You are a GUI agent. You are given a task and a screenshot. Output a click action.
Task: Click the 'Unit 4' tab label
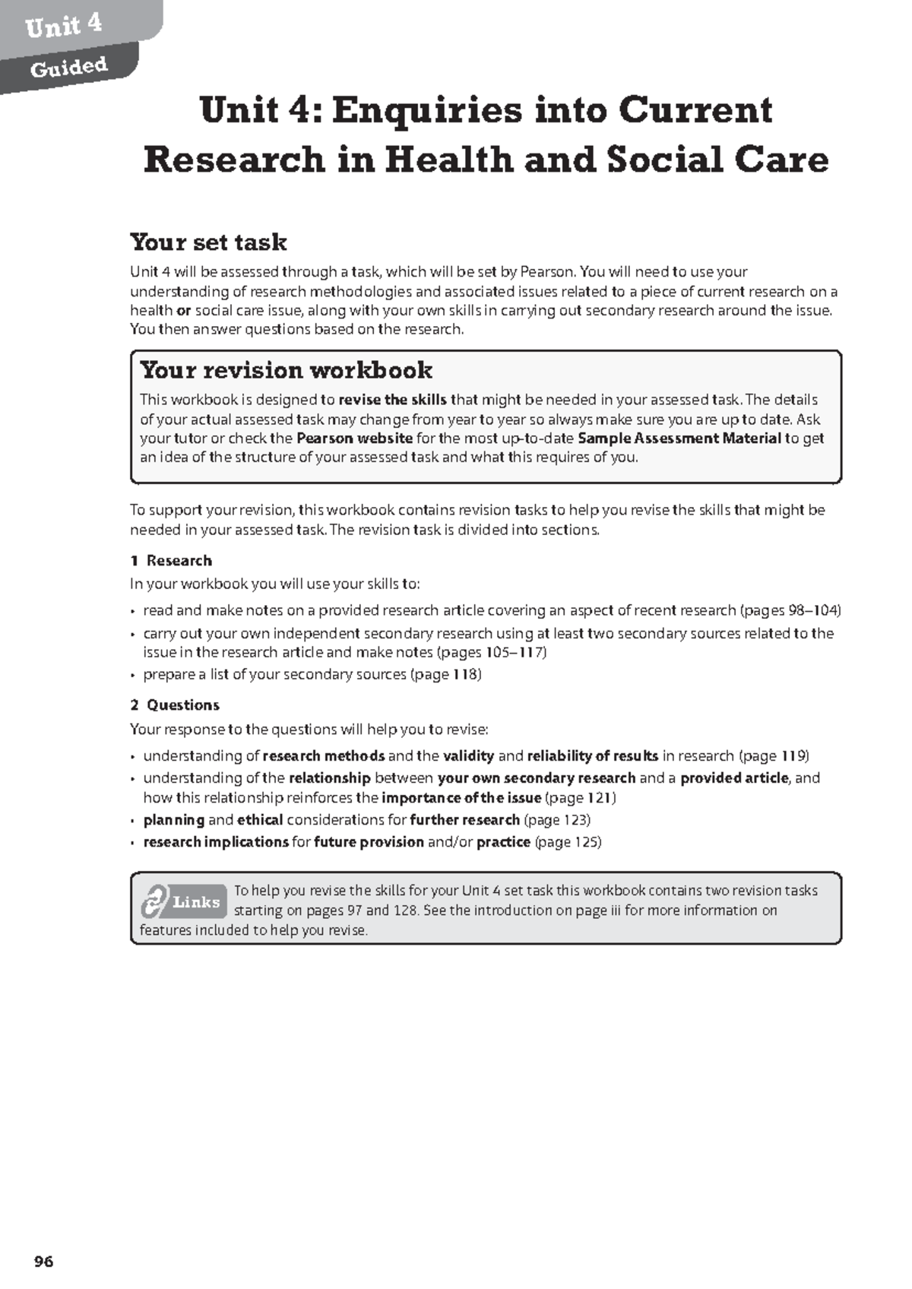coord(63,26)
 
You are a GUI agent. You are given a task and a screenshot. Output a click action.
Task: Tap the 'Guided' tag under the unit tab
coord(68,68)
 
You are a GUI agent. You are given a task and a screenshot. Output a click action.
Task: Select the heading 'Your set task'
coord(208,242)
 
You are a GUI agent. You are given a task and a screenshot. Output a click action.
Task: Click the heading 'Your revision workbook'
coord(286,370)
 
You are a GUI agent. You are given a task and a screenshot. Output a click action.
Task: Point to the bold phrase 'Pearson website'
coord(354,439)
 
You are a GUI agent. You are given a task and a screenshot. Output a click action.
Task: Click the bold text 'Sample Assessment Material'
coord(679,439)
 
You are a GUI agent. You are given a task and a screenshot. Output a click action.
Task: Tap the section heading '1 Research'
coord(171,561)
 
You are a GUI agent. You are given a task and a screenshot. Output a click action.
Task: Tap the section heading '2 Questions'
coord(175,705)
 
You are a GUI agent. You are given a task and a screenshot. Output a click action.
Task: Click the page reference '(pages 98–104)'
coord(790,610)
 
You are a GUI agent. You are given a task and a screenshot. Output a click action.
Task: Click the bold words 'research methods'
coord(324,756)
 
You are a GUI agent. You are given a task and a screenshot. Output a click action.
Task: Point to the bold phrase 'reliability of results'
coord(593,756)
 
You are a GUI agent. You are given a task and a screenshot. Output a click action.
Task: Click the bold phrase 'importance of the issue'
coord(461,798)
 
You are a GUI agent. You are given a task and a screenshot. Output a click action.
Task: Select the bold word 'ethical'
coord(260,820)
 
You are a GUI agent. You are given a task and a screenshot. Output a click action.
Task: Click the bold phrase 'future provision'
coord(369,842)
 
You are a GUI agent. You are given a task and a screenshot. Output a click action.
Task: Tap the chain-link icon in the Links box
coord(154,902)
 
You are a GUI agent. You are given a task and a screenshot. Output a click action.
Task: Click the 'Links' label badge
coord(196,902)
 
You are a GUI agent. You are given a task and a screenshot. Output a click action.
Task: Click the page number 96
coord(44,1262)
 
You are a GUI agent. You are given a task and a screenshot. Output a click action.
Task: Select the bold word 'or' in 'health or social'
coord(183,311)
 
